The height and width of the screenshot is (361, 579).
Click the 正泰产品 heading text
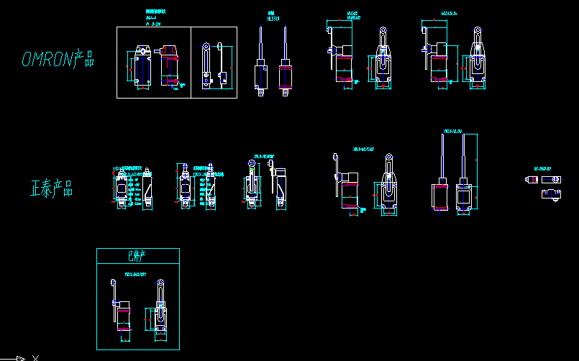(52, 189)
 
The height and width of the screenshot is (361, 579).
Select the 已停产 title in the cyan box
(137, 255)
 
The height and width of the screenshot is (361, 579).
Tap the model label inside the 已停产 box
(135, 274)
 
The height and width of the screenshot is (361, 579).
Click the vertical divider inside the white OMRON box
(191, 62)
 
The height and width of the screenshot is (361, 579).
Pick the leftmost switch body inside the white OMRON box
(141, 68)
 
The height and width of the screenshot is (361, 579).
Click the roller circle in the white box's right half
(207, 47)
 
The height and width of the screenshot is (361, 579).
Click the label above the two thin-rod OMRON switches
(273, 17)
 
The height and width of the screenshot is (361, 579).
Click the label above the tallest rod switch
(453, 132)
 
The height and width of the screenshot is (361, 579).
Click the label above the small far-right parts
(542, 169)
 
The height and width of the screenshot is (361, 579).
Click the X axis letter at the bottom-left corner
(35, 357)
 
